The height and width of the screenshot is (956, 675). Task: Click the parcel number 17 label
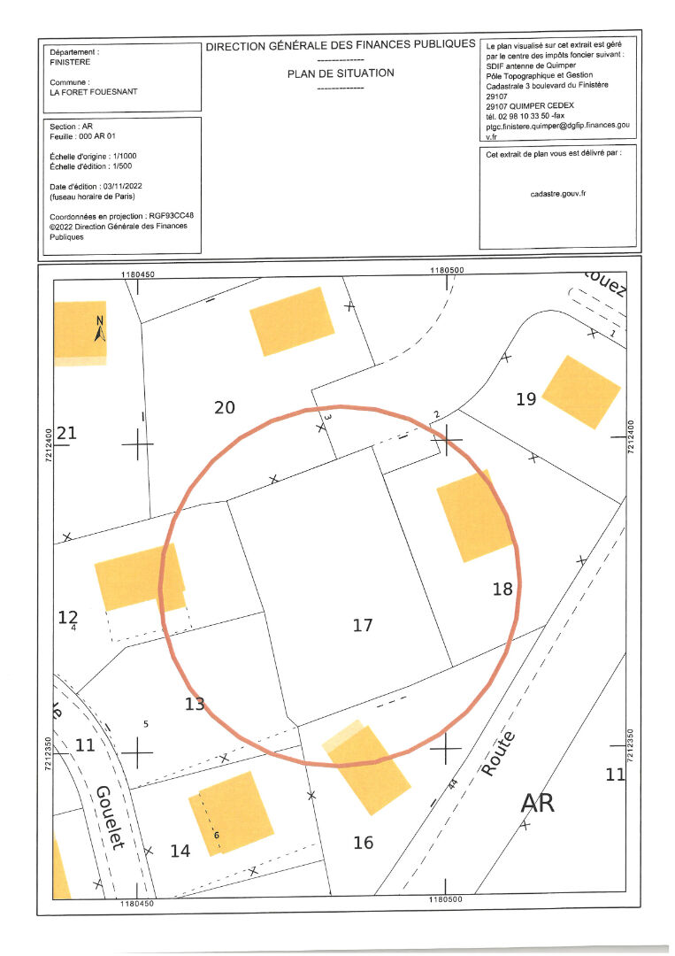pos(363,625)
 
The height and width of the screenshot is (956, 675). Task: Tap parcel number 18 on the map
pos(502,589)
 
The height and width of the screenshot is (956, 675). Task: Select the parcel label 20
pos(225,407)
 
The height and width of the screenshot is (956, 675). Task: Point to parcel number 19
pos(526,399)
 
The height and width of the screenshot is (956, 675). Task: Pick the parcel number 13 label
pos(196,705)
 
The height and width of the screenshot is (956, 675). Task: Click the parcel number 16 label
pos(364,843)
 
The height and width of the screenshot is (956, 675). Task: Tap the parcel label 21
pos(67,433)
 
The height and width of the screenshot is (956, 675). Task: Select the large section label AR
pos(538,803)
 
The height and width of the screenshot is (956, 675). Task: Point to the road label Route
pos(498,753)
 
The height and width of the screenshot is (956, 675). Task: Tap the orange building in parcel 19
pos(581,391)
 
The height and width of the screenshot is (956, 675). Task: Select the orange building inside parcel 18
pos(475,516)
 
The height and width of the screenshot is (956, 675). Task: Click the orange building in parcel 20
pos(292,321)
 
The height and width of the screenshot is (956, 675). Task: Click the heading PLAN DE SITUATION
pos(341,73)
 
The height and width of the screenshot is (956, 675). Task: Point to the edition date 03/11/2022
pos(122,186)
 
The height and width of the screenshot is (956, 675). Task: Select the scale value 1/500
pos(122,166)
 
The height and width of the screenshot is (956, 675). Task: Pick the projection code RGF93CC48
pos(172,216)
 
